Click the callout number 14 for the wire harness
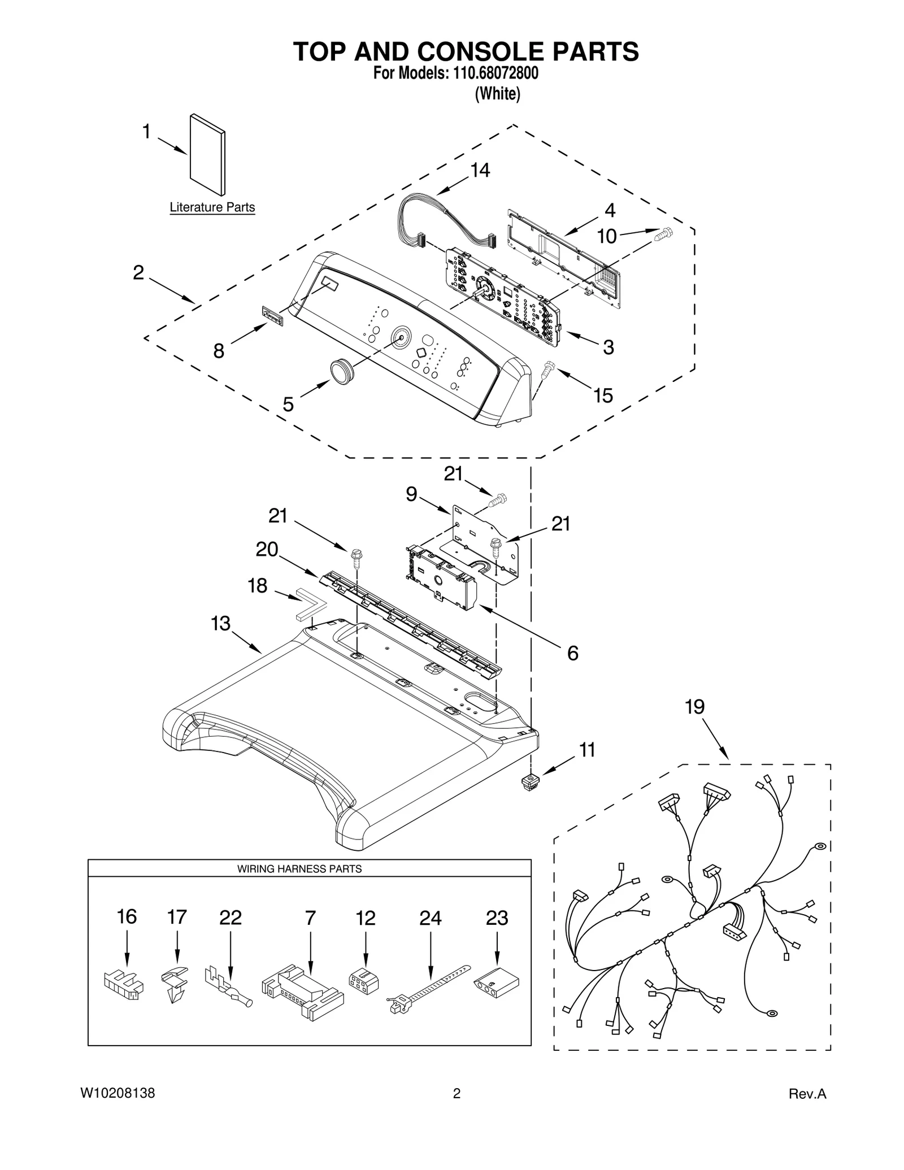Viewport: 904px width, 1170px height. pos(480,170)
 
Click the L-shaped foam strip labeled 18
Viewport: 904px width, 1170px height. pos(310,603)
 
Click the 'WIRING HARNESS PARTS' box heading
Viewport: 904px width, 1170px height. pos(299,869)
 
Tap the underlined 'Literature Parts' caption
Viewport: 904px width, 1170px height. pos(212,207)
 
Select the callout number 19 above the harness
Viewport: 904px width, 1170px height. pos(694,707)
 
